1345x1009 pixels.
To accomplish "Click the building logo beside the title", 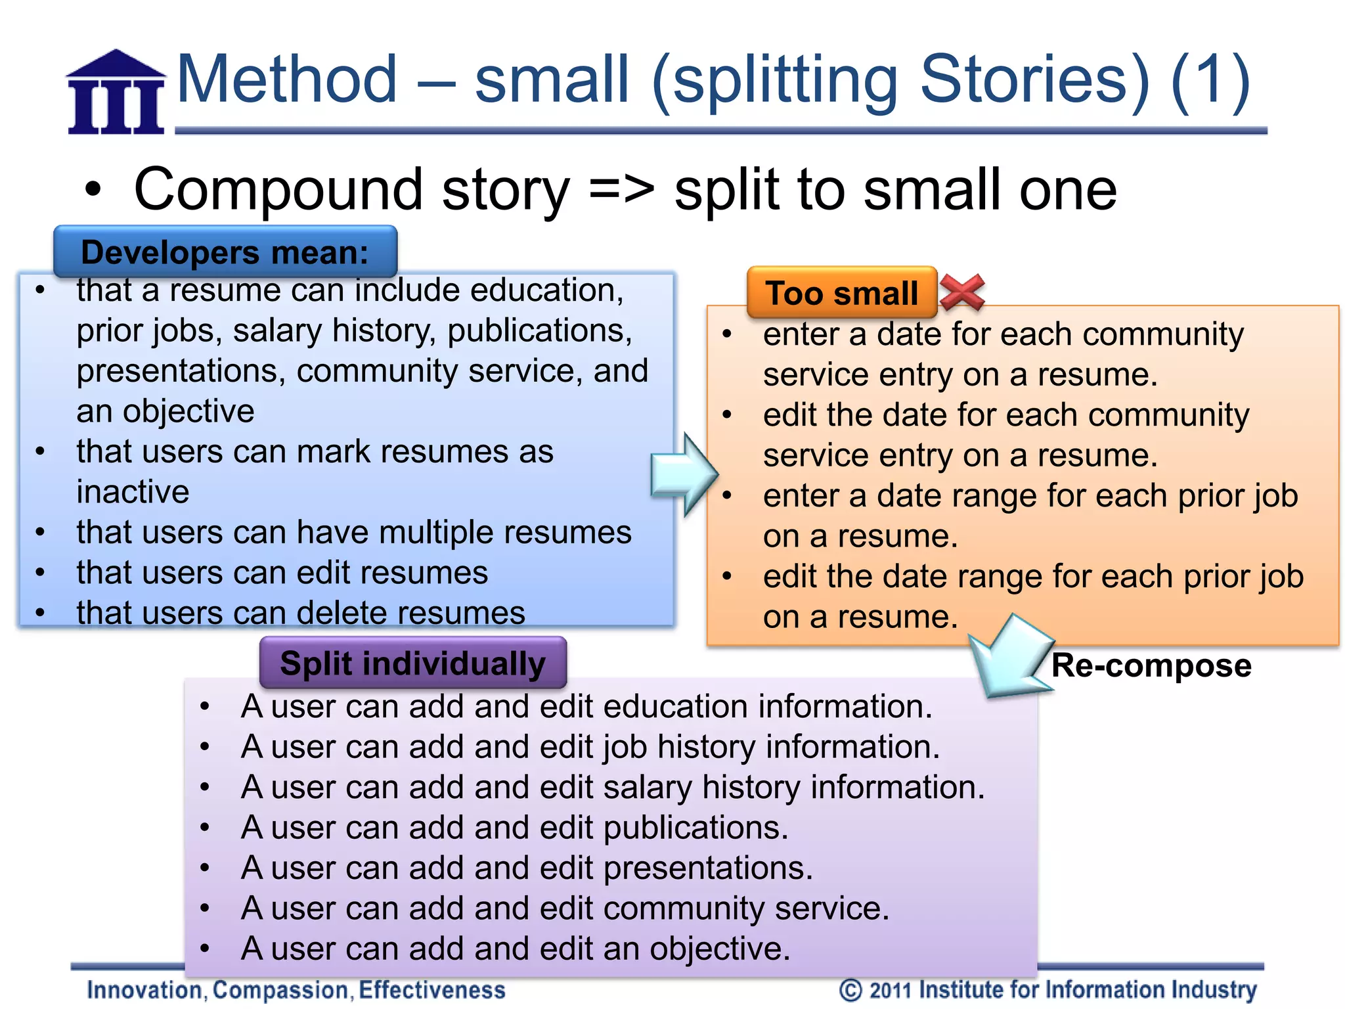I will tap(116, 93).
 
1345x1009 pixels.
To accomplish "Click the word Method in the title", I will tap(287, 80).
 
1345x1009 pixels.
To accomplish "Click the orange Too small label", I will tap(842, 293).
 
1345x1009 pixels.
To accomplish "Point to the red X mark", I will tap(962, 292).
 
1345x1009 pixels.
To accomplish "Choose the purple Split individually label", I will tap(412, 663).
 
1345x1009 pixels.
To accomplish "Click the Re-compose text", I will tap(1151, 665).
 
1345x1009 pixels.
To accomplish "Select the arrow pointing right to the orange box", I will tap(683, 474).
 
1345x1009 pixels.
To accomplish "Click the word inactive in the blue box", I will tap(133, 492).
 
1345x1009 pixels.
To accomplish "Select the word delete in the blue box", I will tap(342, 613).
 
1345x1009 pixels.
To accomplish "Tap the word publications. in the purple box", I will tap(695, 828).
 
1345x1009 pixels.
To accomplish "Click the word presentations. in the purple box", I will tap(708, 868).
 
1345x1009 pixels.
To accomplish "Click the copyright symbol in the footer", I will tap(850, 990).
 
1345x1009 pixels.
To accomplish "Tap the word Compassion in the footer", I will tap(281, 990).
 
